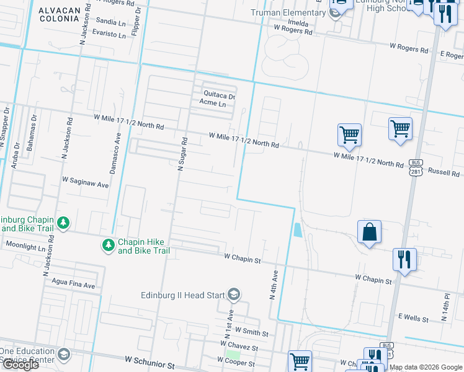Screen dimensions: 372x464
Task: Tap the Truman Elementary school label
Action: [288, 13]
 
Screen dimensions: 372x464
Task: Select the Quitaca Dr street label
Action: [220, 95]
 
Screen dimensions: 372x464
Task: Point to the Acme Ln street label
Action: [214, 104]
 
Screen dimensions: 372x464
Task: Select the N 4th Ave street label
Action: [272, 283]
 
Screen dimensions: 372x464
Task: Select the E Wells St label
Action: [413, 318]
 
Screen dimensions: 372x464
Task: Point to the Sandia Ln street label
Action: [112, 20]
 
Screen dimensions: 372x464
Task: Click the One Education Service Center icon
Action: [63, 355]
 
